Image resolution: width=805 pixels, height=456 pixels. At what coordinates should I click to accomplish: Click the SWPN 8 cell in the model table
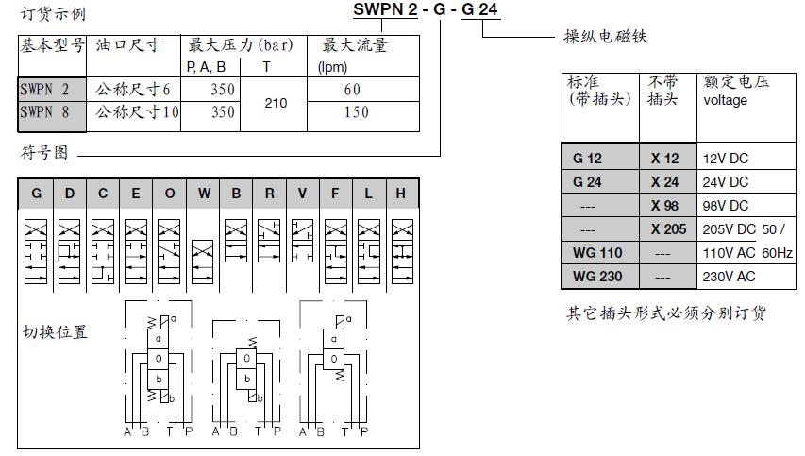click(44, 112)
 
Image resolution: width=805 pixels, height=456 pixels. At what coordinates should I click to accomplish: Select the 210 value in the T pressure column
click(276, 103)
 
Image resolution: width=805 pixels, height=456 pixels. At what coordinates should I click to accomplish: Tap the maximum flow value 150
click(357, 112)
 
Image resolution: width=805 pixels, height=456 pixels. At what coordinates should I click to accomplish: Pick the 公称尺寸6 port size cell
click(132, 90)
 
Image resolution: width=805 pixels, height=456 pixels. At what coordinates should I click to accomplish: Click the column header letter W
click(204, 194)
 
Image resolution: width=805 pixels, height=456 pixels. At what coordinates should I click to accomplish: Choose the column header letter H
click(400, 194)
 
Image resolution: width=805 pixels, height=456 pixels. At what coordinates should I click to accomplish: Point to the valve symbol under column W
click(202, 262)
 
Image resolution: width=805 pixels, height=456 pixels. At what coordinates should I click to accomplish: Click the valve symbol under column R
click(269, 241)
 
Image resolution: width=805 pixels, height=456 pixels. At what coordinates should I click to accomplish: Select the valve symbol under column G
click(36, 252)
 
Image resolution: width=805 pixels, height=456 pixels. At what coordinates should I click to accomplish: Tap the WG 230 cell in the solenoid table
click(597, 277)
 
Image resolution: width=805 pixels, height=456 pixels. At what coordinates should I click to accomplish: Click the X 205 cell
click(668, 229)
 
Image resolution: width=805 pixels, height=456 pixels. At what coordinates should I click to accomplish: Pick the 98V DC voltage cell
click(726, 206)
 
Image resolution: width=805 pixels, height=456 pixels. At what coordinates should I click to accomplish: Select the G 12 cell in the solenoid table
click(587, 159)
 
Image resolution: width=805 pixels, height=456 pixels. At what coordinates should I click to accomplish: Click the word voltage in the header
click(725, 100)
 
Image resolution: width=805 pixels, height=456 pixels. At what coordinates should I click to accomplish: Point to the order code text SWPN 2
click(385, 9)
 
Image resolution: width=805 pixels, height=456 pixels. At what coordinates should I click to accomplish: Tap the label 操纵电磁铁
click(605, 37)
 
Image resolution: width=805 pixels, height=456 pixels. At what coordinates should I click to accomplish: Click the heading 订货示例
click(53, 13)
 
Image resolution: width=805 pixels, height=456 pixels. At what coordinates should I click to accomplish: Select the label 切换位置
click(55, 332)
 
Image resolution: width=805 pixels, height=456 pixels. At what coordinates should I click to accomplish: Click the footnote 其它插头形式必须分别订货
click(666, 312)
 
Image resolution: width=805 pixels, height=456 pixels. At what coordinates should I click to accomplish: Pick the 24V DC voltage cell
click(726, 182)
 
